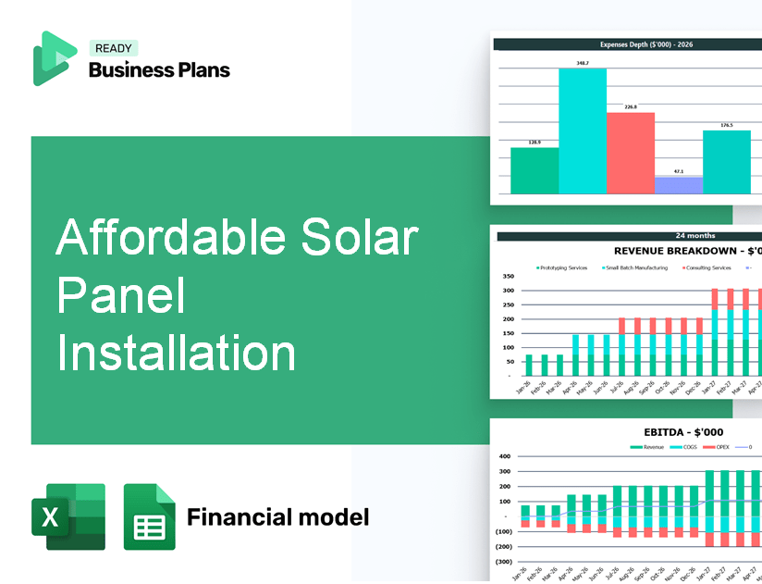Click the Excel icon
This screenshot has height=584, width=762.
point(68,516)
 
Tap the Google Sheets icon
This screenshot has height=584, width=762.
point(149,516)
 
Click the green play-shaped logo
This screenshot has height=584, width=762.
point(54,58)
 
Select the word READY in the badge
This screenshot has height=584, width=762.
point(113,48)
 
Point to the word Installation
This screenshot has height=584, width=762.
point(176,354)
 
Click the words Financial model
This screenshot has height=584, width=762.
point(277,516)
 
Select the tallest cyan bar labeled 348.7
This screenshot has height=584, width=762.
point(583,130)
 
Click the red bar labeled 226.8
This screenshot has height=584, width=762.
point(630,153)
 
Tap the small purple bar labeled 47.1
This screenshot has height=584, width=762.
point(678,185)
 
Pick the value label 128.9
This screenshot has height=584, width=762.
point(534,143)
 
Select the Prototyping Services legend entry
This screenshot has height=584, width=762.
point(563,267)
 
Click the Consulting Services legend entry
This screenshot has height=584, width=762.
point(707,267)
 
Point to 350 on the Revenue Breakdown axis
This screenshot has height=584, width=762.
point(508,276)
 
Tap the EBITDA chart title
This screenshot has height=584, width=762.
point(683,431)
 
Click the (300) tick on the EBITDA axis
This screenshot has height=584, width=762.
point(503,561)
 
